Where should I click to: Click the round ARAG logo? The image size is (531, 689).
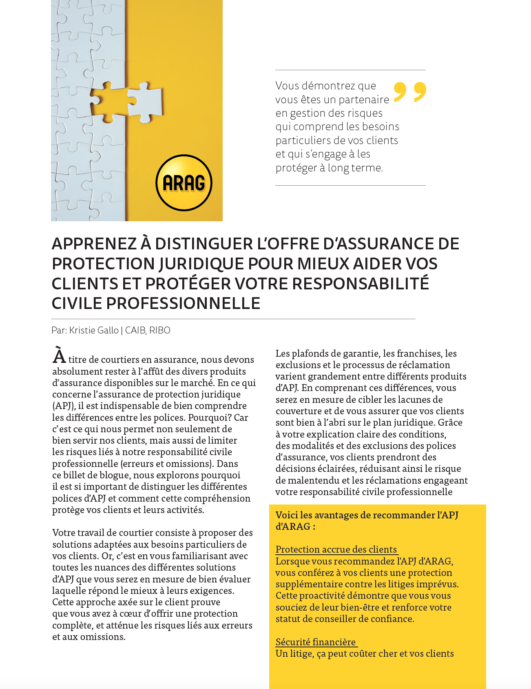[x=184, y=183]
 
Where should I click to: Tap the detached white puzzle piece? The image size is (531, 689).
[x=145, y=102]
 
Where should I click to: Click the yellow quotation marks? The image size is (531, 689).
[x=410, y=92]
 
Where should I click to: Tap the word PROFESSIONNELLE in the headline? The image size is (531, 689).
[x=184, y=303]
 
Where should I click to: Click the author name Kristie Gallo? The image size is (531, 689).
[x=94, y=330]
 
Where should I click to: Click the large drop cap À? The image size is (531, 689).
[x=59, y=356]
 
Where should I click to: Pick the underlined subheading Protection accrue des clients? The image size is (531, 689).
[x=336, y=549]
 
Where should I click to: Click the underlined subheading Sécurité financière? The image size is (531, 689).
[x=316, y=642]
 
